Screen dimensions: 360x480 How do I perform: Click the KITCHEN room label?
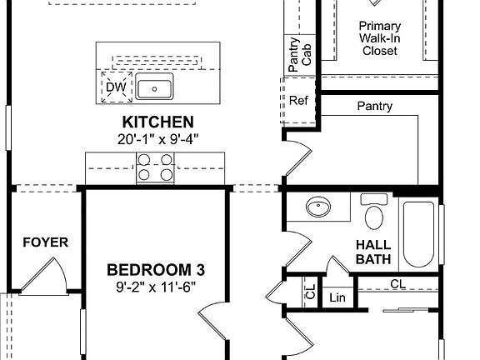(x=158, y=122)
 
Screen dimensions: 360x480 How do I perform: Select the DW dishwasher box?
(x=114, y=87)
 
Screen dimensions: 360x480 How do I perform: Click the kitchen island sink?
(x=153, y=87)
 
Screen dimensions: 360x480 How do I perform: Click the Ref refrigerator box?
(x=298, y=101)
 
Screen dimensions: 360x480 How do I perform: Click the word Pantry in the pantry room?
(x=374, y=107)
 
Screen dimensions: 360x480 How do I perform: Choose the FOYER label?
(x=45, y=243)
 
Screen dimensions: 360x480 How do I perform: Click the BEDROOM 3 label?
(x=156, y=270)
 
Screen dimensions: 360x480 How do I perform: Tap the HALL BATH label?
(x=373, y=252)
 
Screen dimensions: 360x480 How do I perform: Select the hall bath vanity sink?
(x=317, y=207)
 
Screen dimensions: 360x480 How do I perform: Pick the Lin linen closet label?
(x=337, y=297)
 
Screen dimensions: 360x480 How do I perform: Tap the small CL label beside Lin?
(x=309, y=292)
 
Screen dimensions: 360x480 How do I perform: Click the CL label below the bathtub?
(x=398, y=284)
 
